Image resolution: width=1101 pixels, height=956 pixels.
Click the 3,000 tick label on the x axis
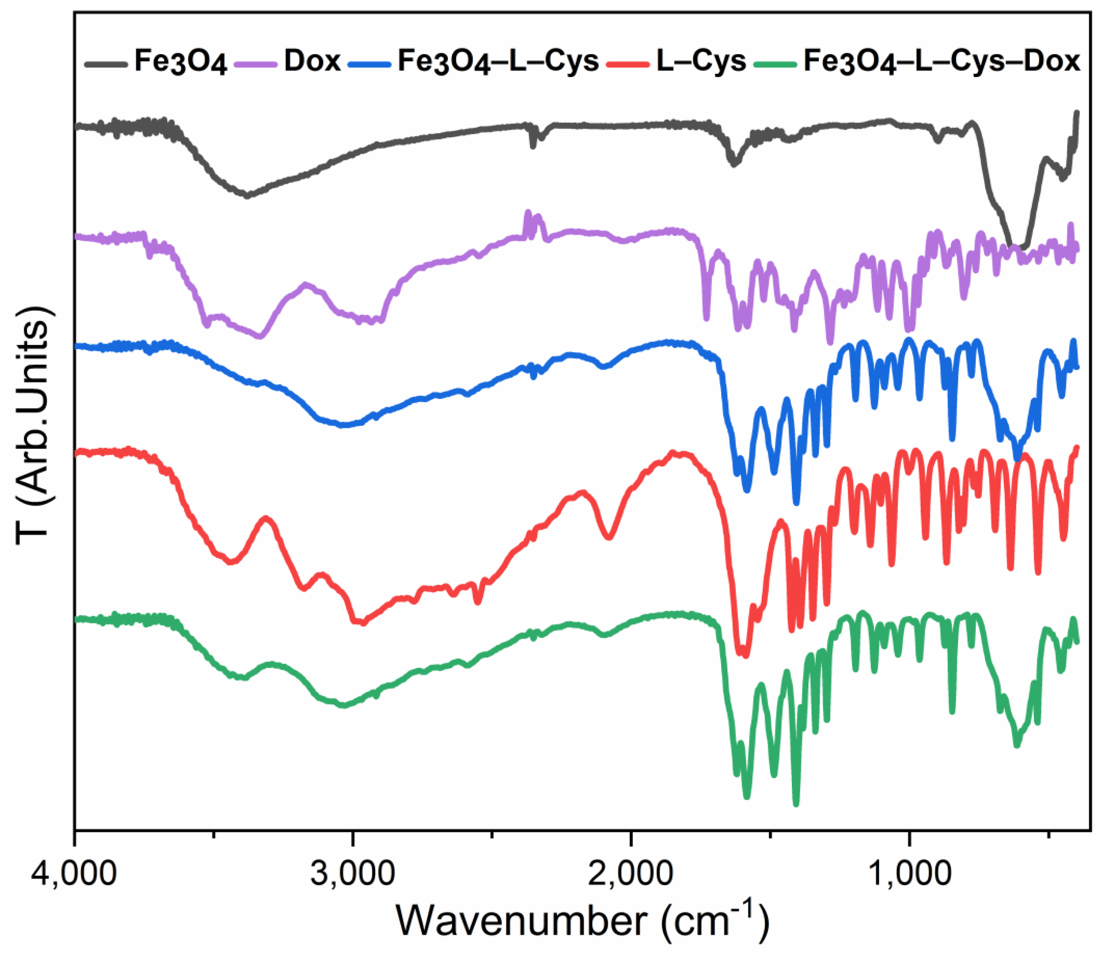tap(353, 873)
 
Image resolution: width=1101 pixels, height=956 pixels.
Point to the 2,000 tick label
tap(631, 873)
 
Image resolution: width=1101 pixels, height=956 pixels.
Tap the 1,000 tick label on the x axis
tap(909, 873)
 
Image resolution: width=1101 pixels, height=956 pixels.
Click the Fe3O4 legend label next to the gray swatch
tap(180, 62)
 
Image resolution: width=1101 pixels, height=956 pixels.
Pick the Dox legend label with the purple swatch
tap(312, 61)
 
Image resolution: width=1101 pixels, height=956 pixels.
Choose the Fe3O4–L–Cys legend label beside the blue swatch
tap(498, 62)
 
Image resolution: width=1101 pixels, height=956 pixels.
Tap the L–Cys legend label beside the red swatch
tap(701, 61)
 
